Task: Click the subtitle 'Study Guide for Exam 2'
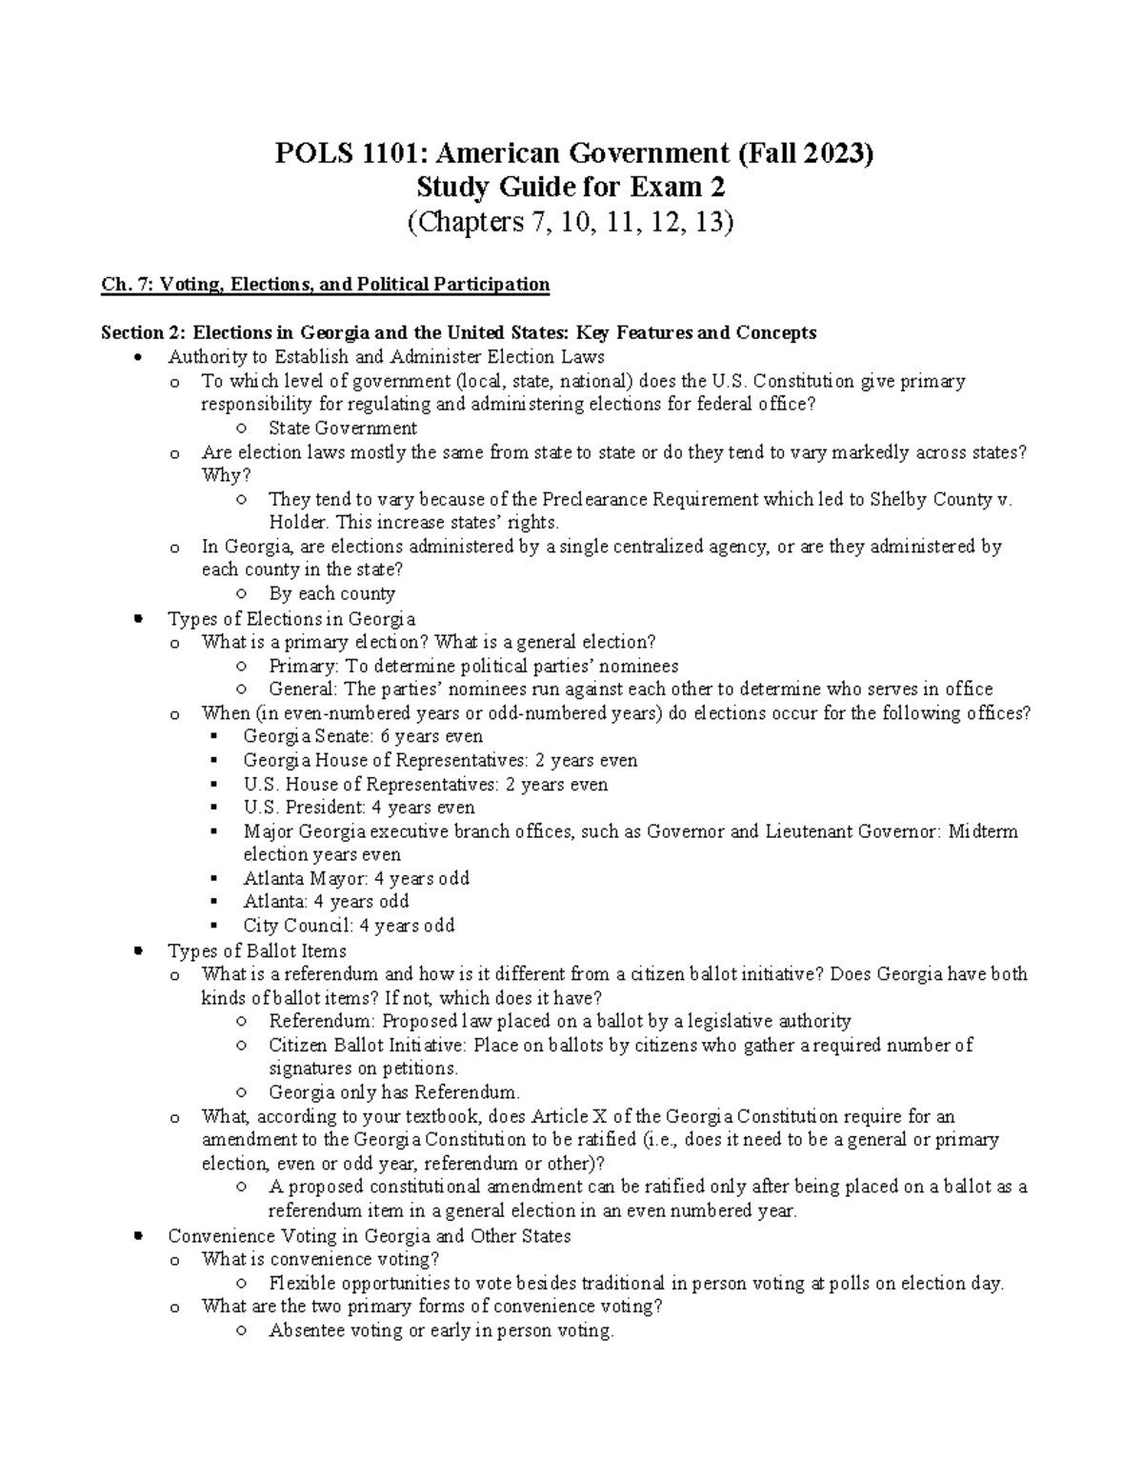[571, 187]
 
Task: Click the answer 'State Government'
[343, 429]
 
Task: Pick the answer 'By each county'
[331, 593]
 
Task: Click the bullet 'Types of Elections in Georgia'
[291, 618]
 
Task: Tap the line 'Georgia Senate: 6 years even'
[363, 736]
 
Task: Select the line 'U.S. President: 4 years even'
[359, 808]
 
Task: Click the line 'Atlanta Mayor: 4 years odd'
[356, 878]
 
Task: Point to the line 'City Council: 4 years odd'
[349, 925]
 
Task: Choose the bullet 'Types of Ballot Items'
[257, 950]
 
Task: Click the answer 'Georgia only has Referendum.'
[394, 1092]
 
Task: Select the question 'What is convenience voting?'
[321, 1259]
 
